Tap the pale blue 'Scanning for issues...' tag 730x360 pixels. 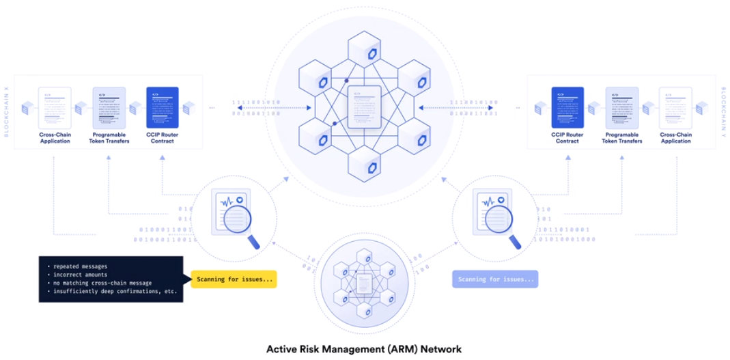point(495,279)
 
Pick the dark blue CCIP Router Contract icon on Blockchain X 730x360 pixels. point(162,107)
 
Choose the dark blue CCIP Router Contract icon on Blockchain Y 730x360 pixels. point(567,107)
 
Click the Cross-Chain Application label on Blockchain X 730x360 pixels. point(54,139)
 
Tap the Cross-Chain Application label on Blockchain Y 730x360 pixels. point(676,139)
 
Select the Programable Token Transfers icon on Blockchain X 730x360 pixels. point(109,107)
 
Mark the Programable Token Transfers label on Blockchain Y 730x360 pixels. point(621,139)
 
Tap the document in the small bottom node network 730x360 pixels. point(364,282)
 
